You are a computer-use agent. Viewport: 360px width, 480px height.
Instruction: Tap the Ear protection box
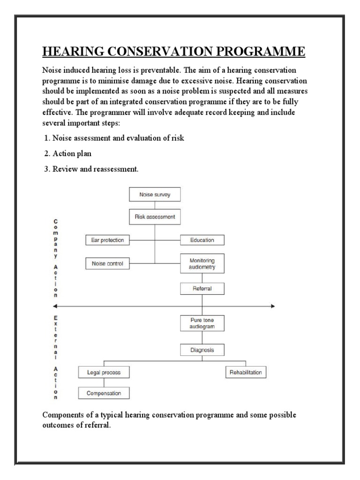pos(107,240)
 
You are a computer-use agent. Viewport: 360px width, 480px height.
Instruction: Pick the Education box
pos(202,240)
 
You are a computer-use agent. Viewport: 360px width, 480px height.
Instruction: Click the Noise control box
pos(107,263)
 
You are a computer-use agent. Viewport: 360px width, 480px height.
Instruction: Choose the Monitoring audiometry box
pos(202,263)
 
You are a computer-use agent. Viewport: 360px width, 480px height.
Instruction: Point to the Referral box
pos(202,289)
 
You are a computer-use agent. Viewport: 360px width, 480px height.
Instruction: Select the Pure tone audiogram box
pos(202,323)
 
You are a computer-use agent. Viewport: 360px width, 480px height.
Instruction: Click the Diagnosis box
pos(202,350)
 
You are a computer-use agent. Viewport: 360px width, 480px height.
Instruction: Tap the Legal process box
pos(104,373)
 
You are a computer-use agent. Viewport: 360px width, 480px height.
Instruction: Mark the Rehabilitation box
pos(246,373)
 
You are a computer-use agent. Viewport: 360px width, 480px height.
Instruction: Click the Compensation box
pos(104,393)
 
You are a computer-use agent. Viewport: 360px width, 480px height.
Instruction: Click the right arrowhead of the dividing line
pos(272,306)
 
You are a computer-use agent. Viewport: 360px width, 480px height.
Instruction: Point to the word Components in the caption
pos(64,416)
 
